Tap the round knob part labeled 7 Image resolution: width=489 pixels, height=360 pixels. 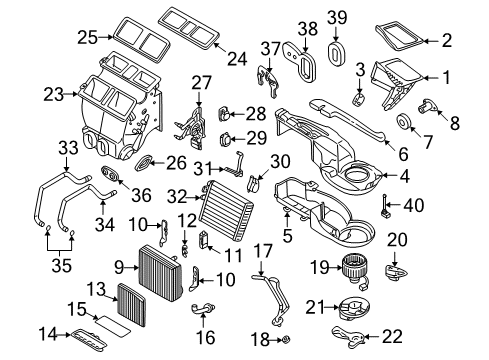[407, 121]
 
